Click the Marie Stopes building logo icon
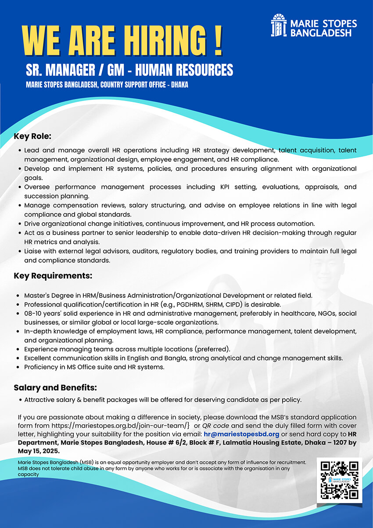[x=279, y=25]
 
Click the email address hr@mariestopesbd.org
[x=242, y=434]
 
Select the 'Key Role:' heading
[x=32, y=136]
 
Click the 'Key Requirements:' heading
[x=53, y=276]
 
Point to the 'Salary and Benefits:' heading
[x=55, y=388]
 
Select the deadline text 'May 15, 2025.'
[x=39, y=451]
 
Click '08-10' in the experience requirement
[x=33, y=314]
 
